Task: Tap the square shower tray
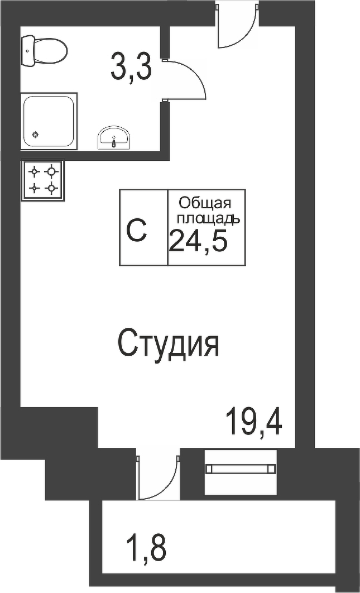[x=49, y=121]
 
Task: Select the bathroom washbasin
[x=114, y=138]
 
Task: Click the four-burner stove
[x=43, y=180]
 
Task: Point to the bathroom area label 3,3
[x=131, y=66]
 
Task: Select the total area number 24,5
[x=198, y=242]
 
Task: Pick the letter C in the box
[x=137, y=229]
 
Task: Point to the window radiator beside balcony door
[x=241, y=469]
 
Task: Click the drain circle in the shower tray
[x=35, y=135]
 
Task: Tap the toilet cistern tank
[x=27, y=50]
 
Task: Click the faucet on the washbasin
[x=114, y=142]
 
